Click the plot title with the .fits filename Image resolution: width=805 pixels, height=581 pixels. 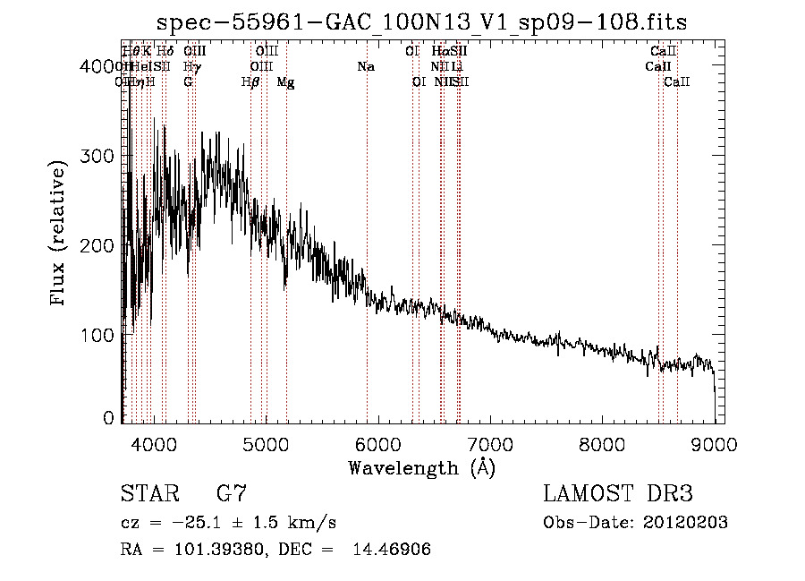(x=421, y=22)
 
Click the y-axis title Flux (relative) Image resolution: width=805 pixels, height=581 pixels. (x=60, y=235)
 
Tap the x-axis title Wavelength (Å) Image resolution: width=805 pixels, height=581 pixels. (x=421, y=466)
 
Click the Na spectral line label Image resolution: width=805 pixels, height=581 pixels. (x=365, y=67)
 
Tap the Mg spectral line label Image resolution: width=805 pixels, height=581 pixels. (x=285, y=82)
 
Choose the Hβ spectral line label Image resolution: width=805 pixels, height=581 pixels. (x=250, y=82)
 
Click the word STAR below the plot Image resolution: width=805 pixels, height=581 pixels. (x=149, y=494)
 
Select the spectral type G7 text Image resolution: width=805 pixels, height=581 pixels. (x=232, y=494)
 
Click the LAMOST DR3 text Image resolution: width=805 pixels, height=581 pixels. (x=618, y=494)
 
